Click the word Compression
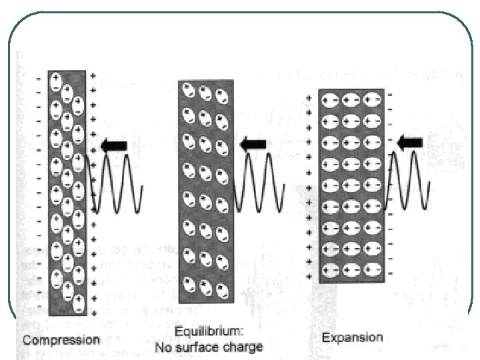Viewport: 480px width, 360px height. coord(61,340)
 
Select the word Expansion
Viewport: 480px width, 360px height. coord(353,337)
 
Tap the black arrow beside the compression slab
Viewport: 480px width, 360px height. coord(113,145)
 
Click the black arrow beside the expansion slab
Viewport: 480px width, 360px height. coord(409,141)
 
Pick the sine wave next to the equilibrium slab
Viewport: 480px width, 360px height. coord(258,181)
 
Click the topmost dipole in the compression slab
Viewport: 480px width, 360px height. coord(57,80)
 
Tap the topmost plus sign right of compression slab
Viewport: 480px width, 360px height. coord(93,75)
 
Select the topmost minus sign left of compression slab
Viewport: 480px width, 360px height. coord(38,78)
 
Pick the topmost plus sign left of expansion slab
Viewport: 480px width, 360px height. coord(309,98)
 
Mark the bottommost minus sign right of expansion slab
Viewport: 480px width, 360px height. coord(390,273)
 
